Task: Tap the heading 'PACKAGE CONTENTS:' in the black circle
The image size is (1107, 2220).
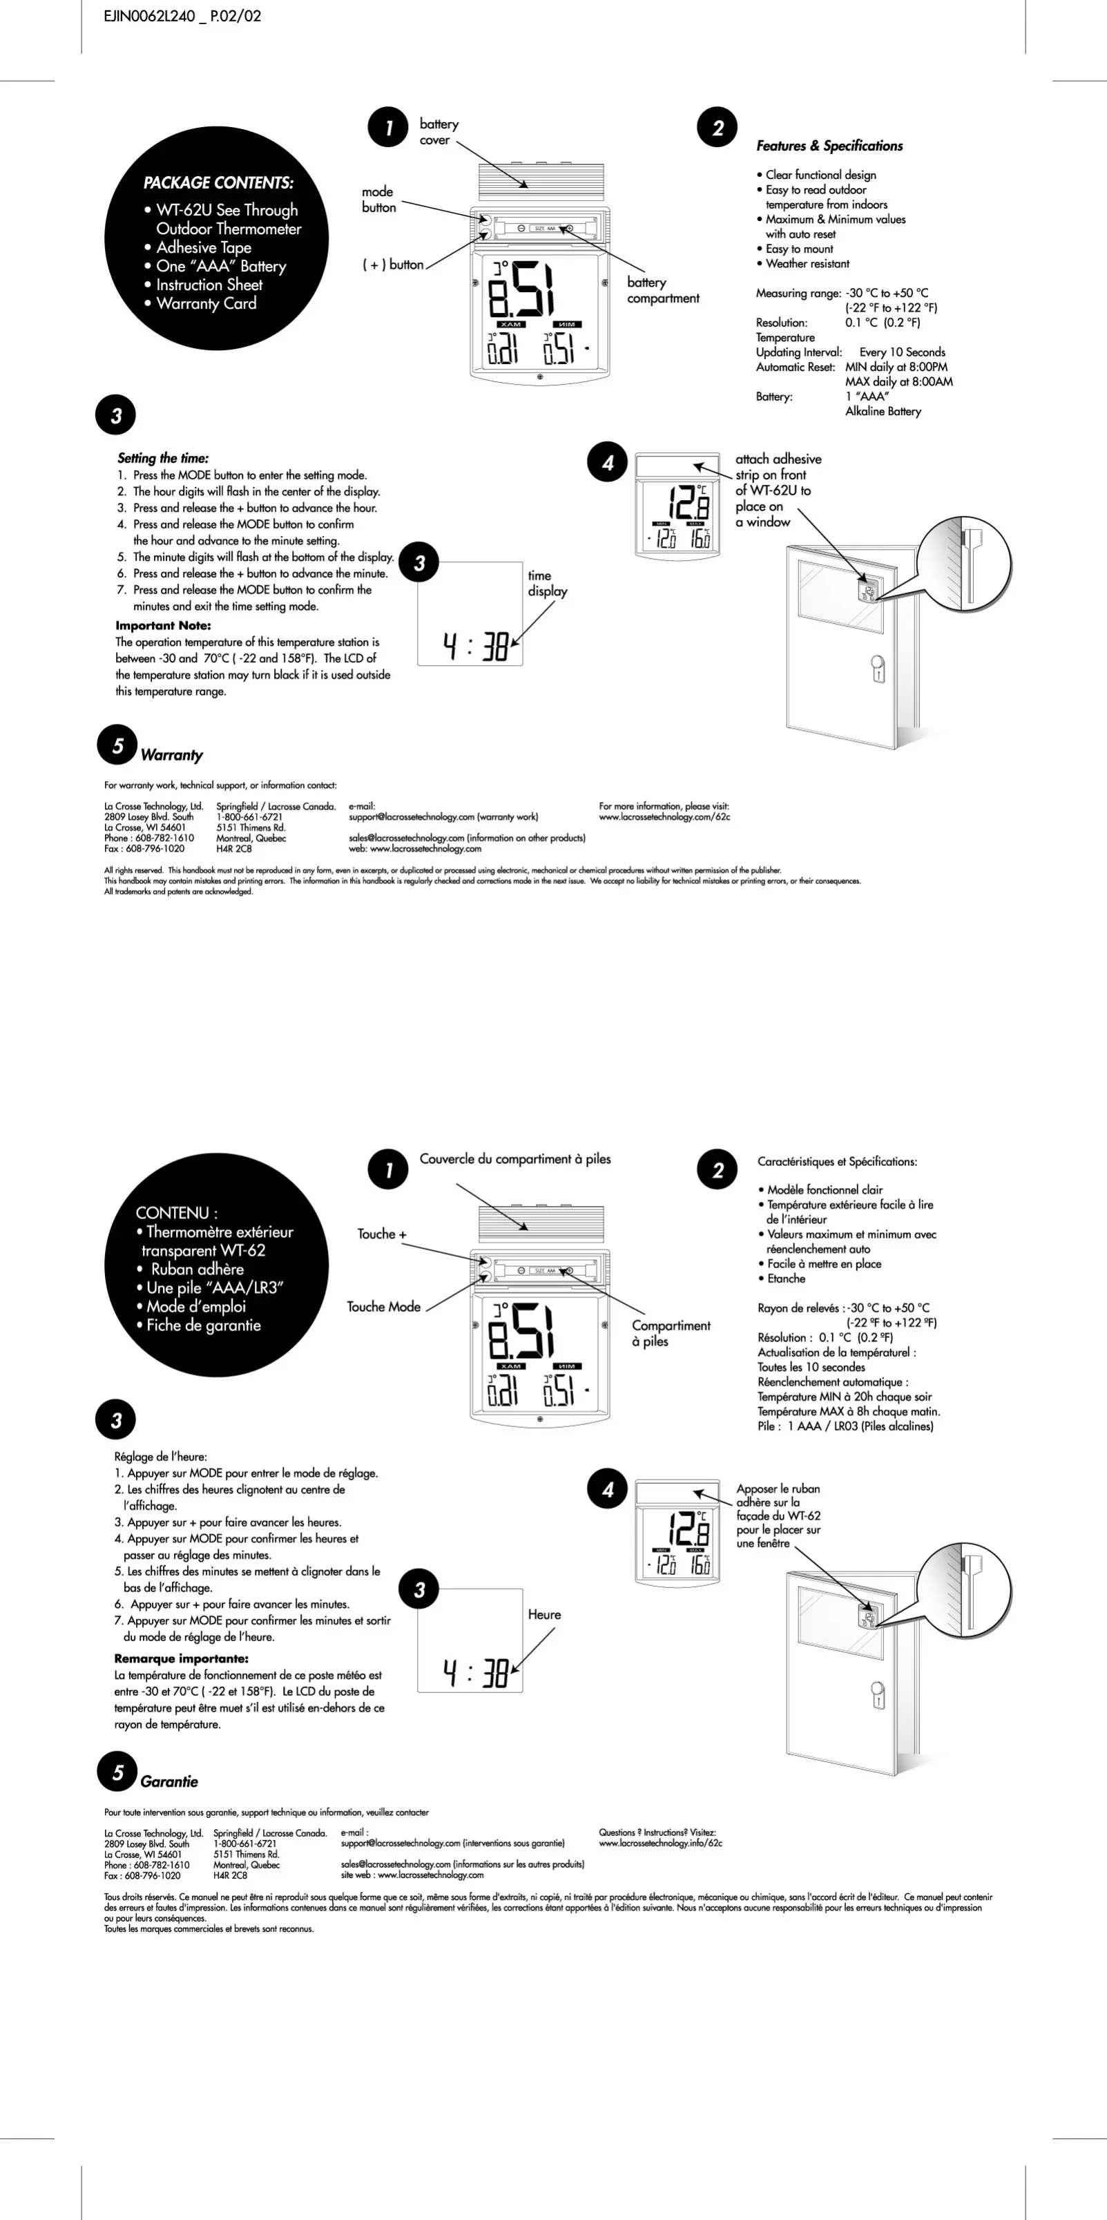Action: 218,183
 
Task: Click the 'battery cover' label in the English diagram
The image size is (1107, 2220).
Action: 439,132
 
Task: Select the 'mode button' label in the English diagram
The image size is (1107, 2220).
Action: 379,199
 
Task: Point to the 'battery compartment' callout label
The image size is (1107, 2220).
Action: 662,289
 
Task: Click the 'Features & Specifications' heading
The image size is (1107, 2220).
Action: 829,146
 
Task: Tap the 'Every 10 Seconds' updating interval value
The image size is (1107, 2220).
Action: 901,352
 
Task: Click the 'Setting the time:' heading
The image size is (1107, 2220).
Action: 163,458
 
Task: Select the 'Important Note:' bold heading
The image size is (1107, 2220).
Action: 163,626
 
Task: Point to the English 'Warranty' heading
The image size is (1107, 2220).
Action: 171,755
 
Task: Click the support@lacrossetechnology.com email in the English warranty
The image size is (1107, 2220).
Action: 412,817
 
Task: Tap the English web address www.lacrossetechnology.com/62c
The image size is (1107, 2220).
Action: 664,817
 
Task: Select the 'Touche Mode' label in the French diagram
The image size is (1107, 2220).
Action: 383,1306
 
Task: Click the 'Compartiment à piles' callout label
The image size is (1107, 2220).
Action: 671,1332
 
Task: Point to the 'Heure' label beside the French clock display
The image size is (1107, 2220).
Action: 543,1614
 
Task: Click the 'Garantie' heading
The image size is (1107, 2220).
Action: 169,1781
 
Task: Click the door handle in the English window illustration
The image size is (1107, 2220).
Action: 878,669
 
